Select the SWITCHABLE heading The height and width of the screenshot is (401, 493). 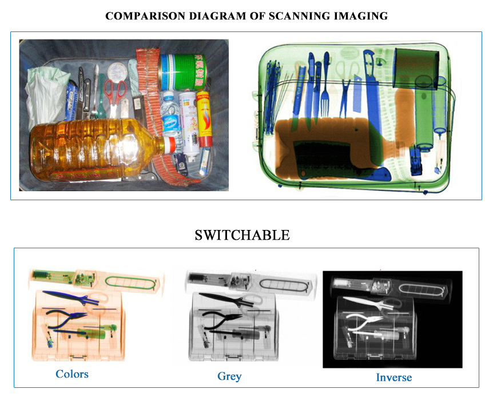pos(242,235)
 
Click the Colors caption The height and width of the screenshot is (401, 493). pos(71,374)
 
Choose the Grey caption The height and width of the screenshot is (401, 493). pos(229,376)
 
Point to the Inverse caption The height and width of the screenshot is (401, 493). pos(393,377)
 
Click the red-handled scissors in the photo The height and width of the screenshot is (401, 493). pos(116,92)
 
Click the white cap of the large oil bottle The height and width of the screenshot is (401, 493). pos(172,145)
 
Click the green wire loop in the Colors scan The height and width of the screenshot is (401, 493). pos(130,282)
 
